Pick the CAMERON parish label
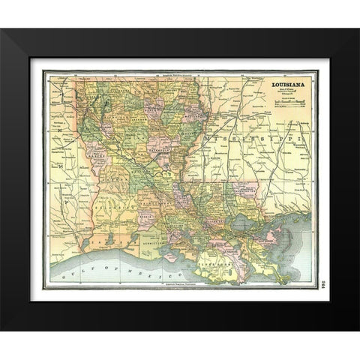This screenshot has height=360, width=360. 112,238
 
